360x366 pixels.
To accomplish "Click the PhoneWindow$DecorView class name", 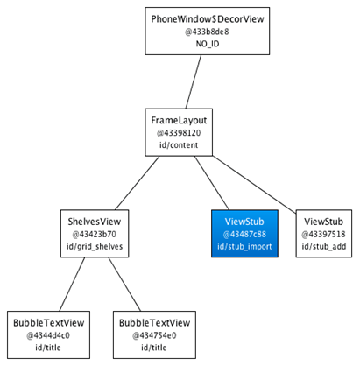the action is point(208,19).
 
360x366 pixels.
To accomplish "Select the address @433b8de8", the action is point(207,32).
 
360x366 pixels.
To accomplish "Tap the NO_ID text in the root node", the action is point(208,44).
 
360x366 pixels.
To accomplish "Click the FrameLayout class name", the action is point(179,121).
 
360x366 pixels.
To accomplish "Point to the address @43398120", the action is point(179,133).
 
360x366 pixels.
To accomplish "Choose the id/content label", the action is point(179,145).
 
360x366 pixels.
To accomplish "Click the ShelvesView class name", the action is point(95,222).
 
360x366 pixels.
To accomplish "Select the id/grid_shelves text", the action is point(95,246).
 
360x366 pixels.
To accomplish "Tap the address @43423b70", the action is point(95,234).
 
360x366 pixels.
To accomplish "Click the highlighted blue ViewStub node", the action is point(244,234).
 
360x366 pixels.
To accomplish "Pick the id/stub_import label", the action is point(244,246).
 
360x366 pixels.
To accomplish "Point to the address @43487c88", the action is point(244,234).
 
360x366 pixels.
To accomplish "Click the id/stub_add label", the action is point(324,246).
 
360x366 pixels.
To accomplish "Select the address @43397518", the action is point(324,234).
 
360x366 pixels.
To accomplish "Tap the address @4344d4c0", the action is point(48,335).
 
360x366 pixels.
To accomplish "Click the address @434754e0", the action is point(154,335).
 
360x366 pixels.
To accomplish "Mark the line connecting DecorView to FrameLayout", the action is point(194,81).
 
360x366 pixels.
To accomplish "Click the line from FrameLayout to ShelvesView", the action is point(138,183).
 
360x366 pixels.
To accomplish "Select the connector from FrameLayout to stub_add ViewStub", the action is point(254,184).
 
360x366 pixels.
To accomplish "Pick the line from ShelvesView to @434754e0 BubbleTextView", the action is point(124,285).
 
